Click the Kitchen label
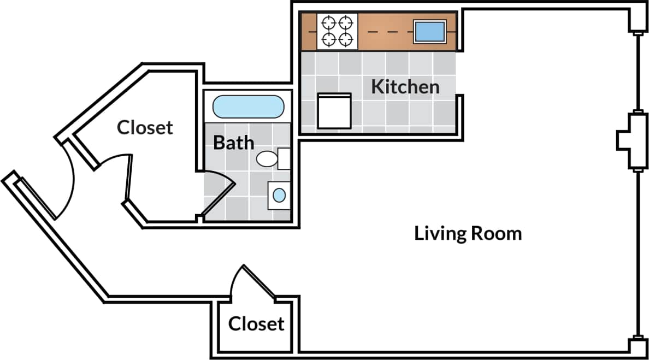click(x=405, y=86)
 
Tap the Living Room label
click(x=468, y=233)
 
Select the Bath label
click(x=233, y=143)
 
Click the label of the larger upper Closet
click(x=145, y=127)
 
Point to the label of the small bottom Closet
click(x=256, y=323)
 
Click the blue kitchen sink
click(x=430, y=31)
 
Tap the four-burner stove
click(x=337, y=31)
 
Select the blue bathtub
click(x=247, y=107)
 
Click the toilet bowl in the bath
click(x=267, y=159)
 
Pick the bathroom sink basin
click(x=279, y=195)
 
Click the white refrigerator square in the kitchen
click(x=334, y=110)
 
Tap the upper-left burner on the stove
click(x=329, y=23)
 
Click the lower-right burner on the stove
click(x=345, y=39)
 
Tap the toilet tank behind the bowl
click(x=284, y=158)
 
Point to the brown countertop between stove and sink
click(x=385, y=32)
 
